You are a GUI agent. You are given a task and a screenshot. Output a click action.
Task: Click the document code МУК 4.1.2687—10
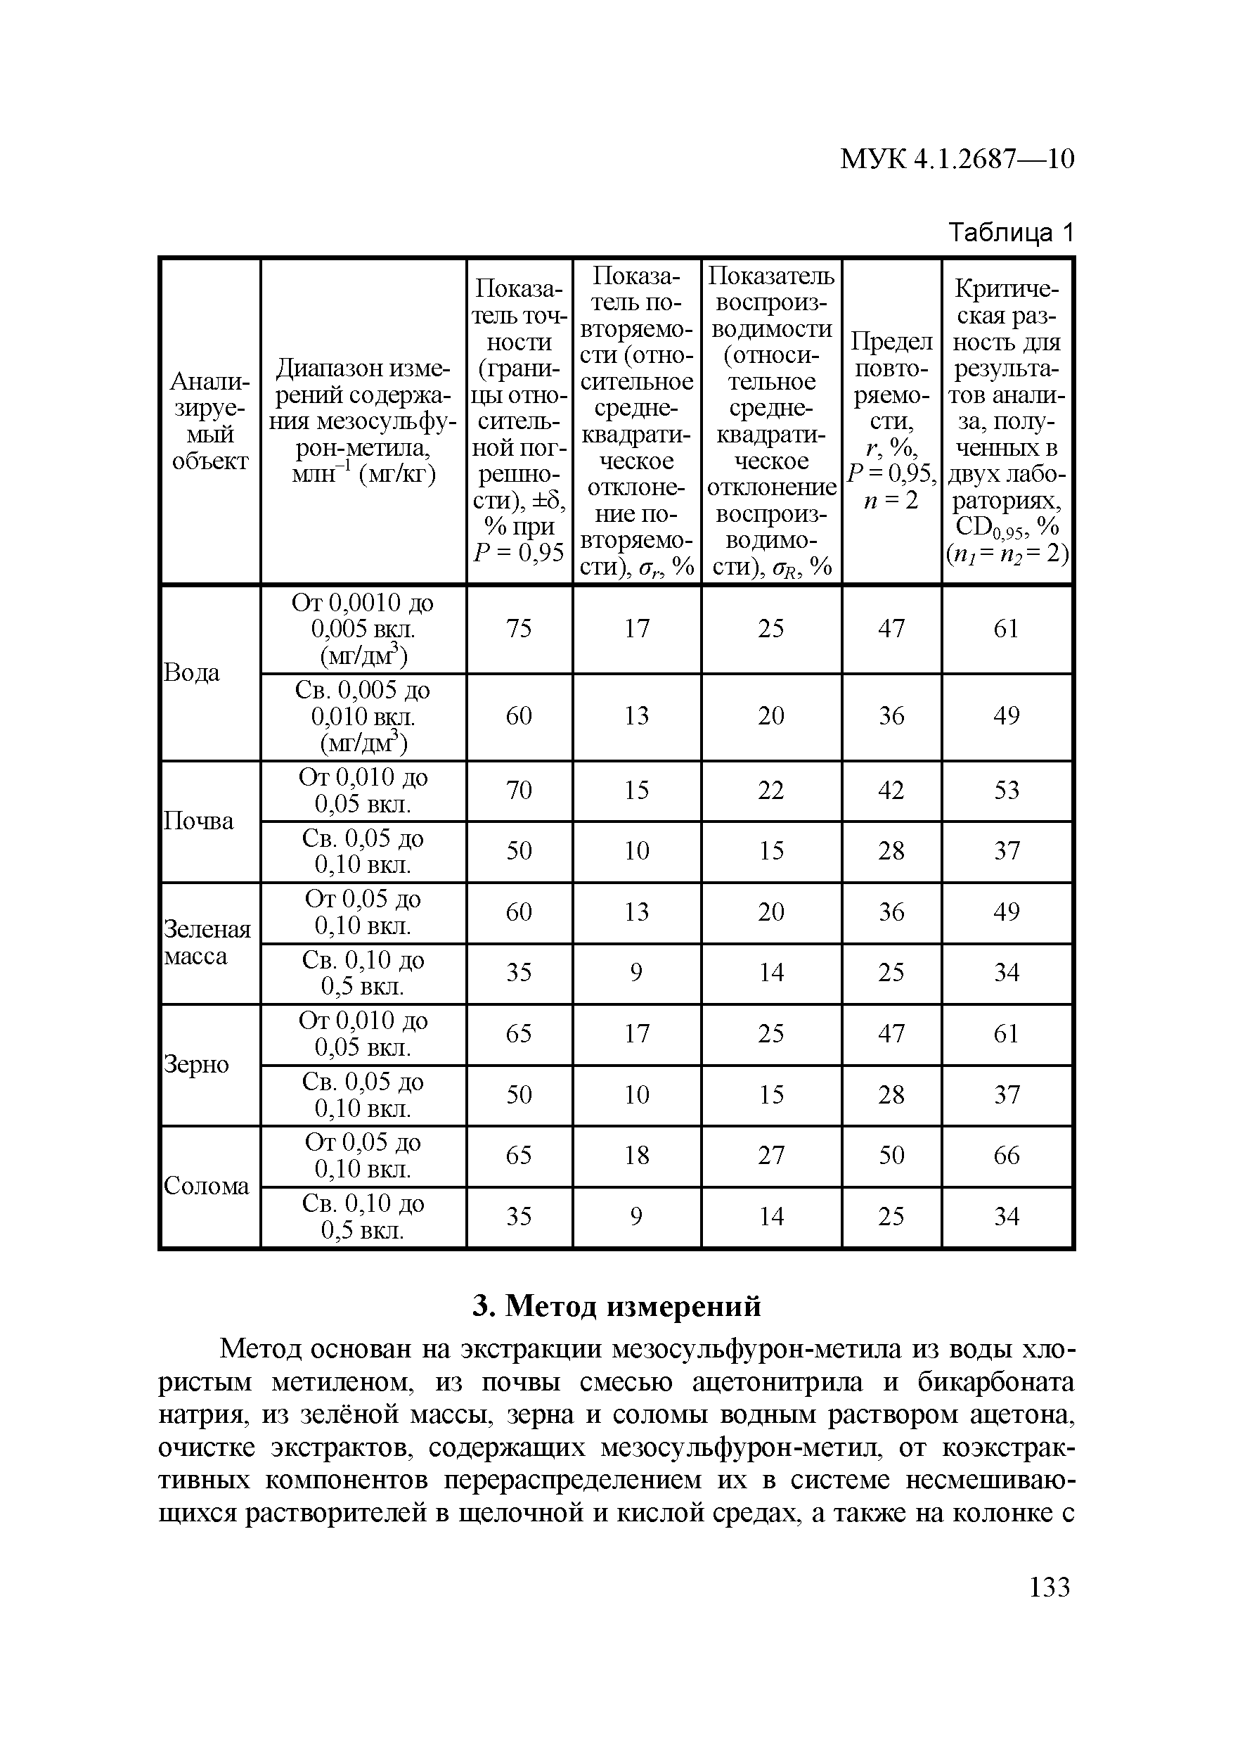957,159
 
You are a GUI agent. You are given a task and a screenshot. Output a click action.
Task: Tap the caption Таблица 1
1010,233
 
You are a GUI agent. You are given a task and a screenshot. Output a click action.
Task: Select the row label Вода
192,672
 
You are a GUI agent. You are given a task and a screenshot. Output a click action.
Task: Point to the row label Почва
199,822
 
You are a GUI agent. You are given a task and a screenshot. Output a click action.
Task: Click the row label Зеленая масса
207,943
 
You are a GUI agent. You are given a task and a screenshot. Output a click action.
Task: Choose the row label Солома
207,1187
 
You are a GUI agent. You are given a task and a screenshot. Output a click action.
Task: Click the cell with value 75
519,629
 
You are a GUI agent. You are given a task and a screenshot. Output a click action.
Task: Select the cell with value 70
519,791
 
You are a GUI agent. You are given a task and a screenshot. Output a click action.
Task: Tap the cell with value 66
1006,1155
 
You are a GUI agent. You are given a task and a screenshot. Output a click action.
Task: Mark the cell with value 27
770,1155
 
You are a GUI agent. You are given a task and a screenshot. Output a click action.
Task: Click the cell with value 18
637,1155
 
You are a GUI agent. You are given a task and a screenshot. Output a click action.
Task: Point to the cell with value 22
770,791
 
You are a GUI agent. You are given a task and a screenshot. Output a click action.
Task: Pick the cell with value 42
891,791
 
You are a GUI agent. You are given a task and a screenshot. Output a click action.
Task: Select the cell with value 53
1006,791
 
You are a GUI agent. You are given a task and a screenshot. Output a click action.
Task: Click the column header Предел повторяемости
891,421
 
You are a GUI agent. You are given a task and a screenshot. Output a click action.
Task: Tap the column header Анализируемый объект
209,421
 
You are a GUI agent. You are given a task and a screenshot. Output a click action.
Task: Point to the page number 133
1049,1587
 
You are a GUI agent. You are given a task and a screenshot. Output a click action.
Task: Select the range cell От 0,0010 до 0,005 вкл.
363,629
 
